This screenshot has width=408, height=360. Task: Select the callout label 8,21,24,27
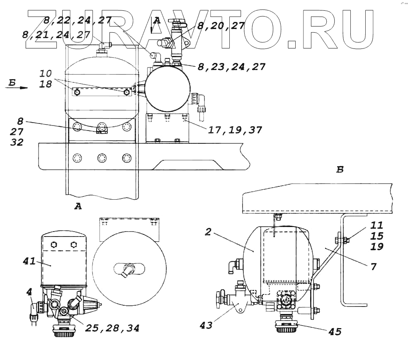[58, 35]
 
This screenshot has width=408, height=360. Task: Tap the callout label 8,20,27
[220, 26]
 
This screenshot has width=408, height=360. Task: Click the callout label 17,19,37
[234, 130]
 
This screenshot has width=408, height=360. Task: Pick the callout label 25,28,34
[112, 328]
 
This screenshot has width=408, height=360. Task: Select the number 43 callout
[206, 325]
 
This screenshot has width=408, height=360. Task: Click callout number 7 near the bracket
[373, 267]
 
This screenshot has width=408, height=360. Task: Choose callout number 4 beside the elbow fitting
[29, 292]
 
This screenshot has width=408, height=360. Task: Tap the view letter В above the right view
[340, 169]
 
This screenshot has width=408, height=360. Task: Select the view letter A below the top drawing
[77, 206]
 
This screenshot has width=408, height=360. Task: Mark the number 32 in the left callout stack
[17, 142]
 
